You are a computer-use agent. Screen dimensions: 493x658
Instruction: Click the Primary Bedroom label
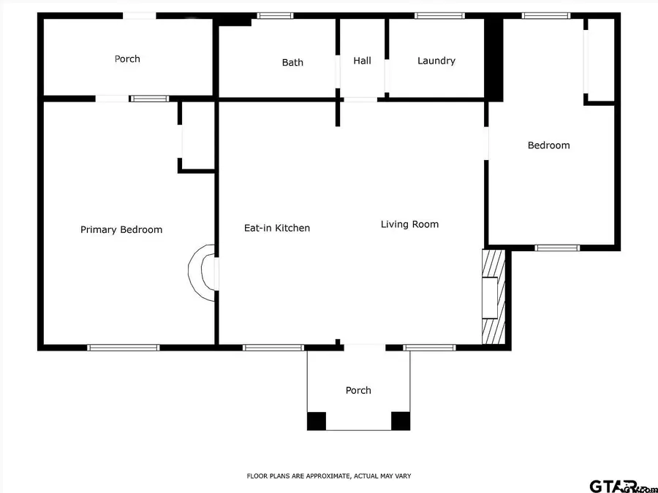click(x=121, y=229)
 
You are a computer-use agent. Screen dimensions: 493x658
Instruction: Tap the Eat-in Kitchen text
click(x=276, y=228)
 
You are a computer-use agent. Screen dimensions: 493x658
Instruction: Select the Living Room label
click(x=409, y=224)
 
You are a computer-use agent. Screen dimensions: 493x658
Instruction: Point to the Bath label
click(x=292, y=63)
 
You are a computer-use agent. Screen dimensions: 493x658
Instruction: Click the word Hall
click(x=362, y=61)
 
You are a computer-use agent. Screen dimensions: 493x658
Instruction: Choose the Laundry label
click(x=436, y=61)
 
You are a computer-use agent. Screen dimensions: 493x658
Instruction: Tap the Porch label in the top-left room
click(x=127, y=58)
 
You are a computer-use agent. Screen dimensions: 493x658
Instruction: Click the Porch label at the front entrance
click(x=358, y=390)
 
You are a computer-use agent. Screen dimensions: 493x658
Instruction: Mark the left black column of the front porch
click(x=316, y=421)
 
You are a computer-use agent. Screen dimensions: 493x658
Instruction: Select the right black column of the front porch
click(x=401, y=421)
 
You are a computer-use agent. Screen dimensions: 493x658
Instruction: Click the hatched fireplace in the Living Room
click(x=493, y=296)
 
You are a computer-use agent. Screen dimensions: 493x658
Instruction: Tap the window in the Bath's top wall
click(x=275, y=15)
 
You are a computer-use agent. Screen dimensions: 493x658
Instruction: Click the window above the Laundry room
click(x=439, y=15)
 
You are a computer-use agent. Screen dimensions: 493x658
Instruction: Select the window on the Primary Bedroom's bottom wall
click(x=123, y=348)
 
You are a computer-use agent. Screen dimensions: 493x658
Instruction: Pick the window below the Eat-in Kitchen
click(x=273, y=348)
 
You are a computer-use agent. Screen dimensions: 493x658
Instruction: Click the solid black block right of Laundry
click(x=494, y=58)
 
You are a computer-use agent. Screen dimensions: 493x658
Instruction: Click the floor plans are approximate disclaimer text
click(x=328, y=475)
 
